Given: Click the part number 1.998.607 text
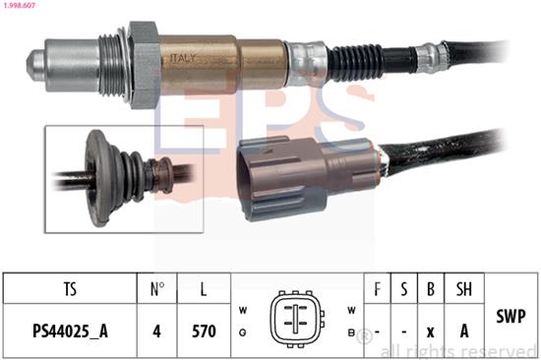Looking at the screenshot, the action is pos(20,5).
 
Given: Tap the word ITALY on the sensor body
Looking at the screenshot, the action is pos(183,58).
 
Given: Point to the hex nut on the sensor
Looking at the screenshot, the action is pos(144,65).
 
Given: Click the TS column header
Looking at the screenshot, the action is pos(70,288).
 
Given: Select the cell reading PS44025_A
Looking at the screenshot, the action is pos(70,330).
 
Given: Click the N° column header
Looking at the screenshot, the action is pos(157,288).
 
